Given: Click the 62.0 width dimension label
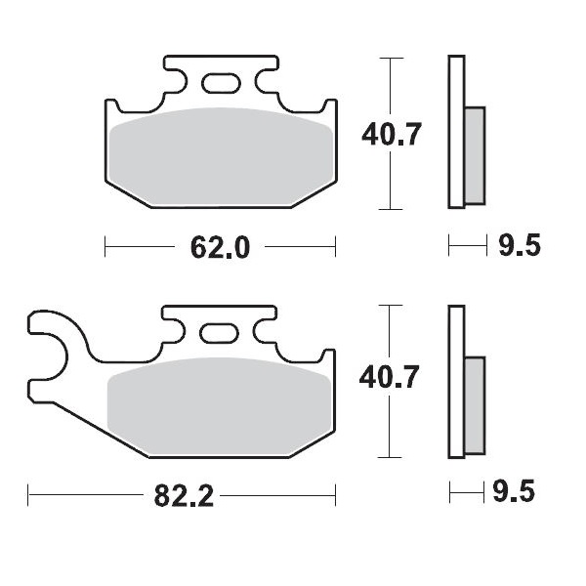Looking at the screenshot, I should click(220, 247).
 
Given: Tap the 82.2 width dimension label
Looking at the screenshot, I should click(185, 496).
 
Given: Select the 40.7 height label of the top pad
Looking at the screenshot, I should click(392, 134).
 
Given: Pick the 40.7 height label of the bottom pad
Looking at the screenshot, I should click(392, 374).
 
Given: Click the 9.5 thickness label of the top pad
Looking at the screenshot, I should click(519, 246).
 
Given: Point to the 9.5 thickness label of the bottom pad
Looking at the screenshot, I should click(519, 493).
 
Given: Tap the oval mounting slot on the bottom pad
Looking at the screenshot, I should click(220, 332).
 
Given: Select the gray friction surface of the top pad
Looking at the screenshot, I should click(220, 156).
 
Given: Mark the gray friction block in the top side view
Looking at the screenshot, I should click(474, 154).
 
